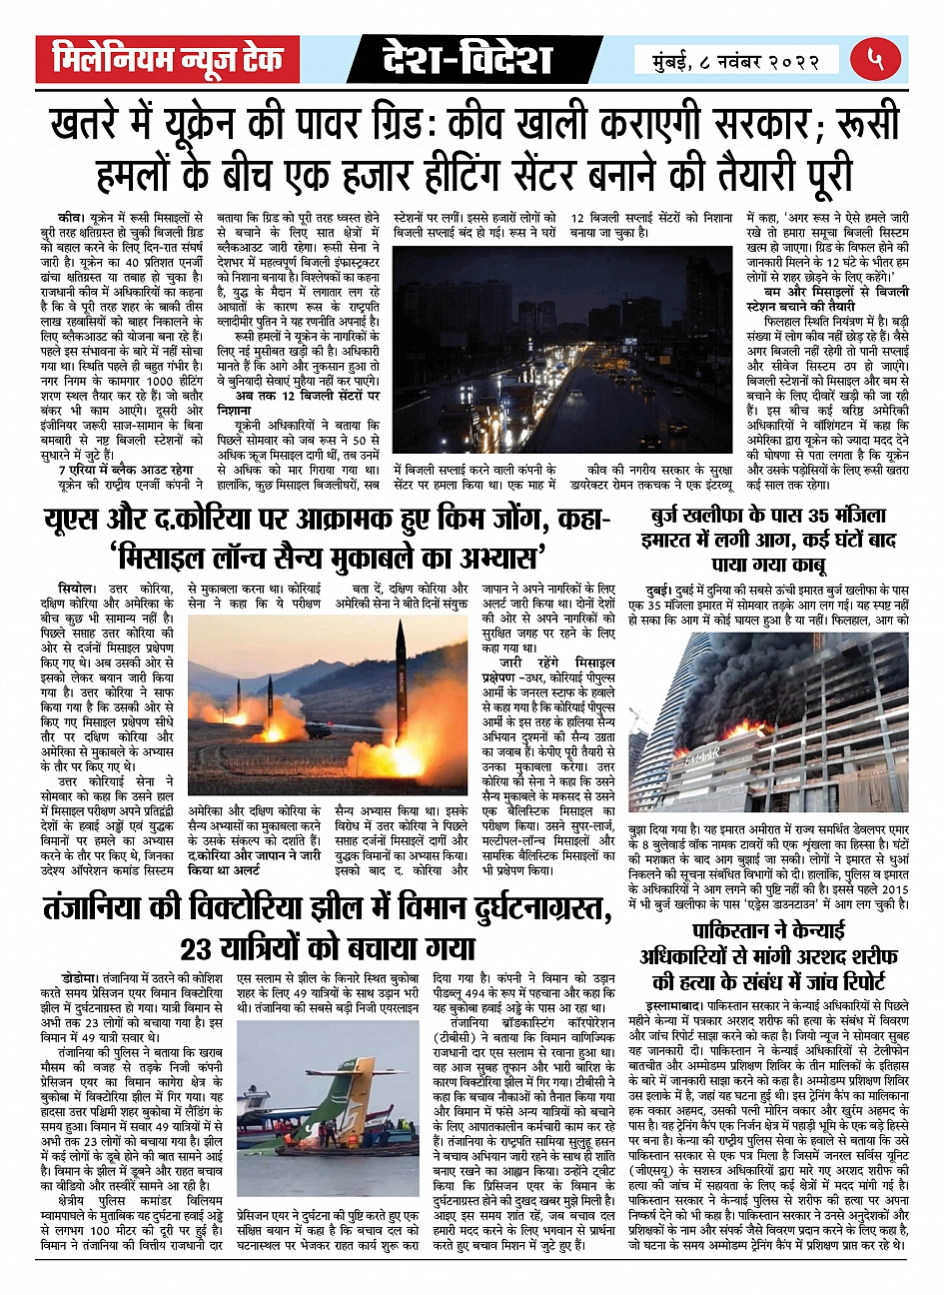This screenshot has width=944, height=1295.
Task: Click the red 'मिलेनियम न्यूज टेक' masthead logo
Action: [168, 60]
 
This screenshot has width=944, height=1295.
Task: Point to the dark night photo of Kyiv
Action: [562, 350]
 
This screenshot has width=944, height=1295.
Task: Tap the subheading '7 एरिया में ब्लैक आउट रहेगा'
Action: [125, 470]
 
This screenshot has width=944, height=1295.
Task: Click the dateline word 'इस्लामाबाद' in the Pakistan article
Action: [674, 1001]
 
